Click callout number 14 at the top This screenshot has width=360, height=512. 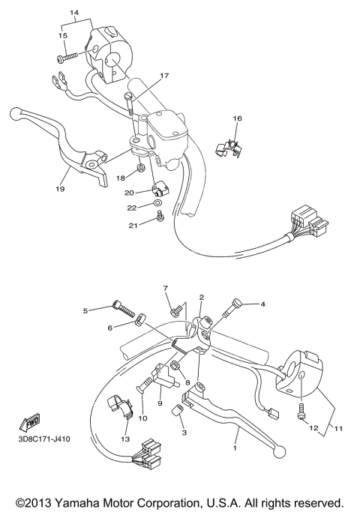(74, 13)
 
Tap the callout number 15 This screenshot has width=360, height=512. (63, 35)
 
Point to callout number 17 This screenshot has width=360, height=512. (164, 75)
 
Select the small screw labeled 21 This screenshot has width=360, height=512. (159, 217)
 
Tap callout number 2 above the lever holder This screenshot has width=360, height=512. (201, 298)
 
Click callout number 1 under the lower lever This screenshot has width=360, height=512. (235, 448)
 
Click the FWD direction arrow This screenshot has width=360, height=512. (33, 421)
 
